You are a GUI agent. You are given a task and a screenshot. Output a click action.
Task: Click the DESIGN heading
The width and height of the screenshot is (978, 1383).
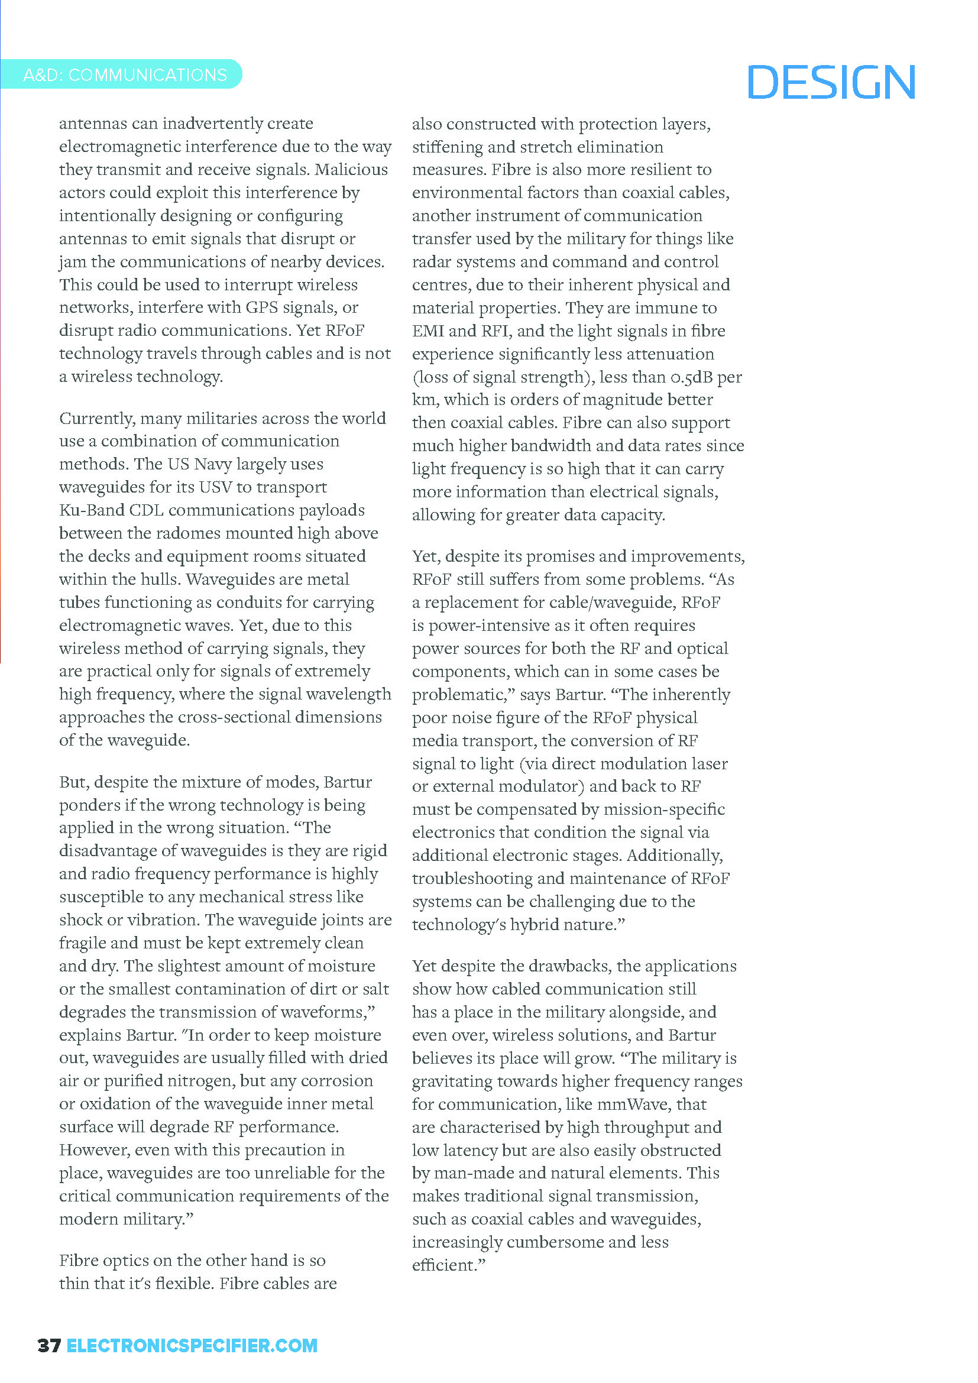831,83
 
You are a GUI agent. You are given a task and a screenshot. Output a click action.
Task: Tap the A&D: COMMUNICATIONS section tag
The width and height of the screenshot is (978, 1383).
125,75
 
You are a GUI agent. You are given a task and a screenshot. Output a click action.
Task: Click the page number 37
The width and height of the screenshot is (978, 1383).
48,1346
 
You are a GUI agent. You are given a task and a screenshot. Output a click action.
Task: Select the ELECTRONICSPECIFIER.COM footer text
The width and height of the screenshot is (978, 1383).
192,1346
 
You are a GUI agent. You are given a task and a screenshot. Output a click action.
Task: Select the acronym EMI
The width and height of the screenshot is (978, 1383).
428,331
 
